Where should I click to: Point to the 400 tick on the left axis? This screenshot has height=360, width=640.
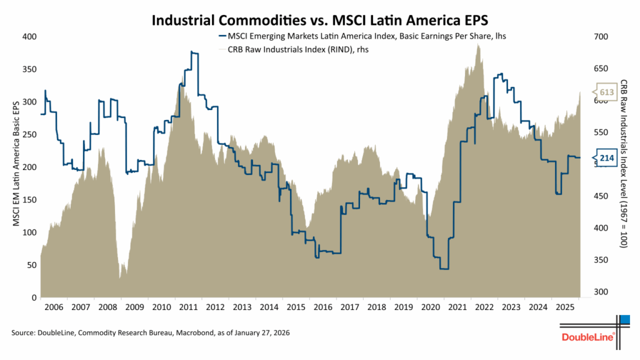[x=29, y=36]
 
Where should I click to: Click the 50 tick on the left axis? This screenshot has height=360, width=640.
[x=31, y=265]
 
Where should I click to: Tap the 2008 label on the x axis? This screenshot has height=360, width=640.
[x=107, y=307]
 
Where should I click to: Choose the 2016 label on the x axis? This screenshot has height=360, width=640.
[x=322, y=307]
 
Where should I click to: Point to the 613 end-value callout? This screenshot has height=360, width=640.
[x=606, y=92]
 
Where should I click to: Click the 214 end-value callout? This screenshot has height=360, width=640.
[x=606, y=157]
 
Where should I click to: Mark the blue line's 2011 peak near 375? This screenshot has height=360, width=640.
[x=194, y=53]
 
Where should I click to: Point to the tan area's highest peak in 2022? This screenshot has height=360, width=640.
[x=478, y=44]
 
